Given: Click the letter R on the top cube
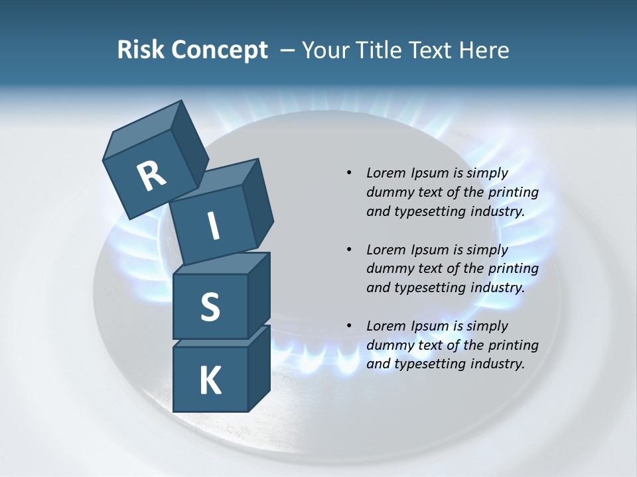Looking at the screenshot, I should click(151, 177).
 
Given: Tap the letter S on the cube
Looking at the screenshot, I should click(210, 307).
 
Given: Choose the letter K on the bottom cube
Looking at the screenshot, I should click(210, 381).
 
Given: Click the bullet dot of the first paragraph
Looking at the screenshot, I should click(349, 174).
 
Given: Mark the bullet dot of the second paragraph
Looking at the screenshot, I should click(349, 250).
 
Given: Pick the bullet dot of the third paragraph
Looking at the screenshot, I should click(349, 326).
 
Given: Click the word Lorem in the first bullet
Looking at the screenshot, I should click(385, 174).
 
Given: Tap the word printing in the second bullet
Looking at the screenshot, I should click(514, 269).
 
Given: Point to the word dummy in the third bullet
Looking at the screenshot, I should click(388, 345).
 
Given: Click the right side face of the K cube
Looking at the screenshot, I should click(259, 368).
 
